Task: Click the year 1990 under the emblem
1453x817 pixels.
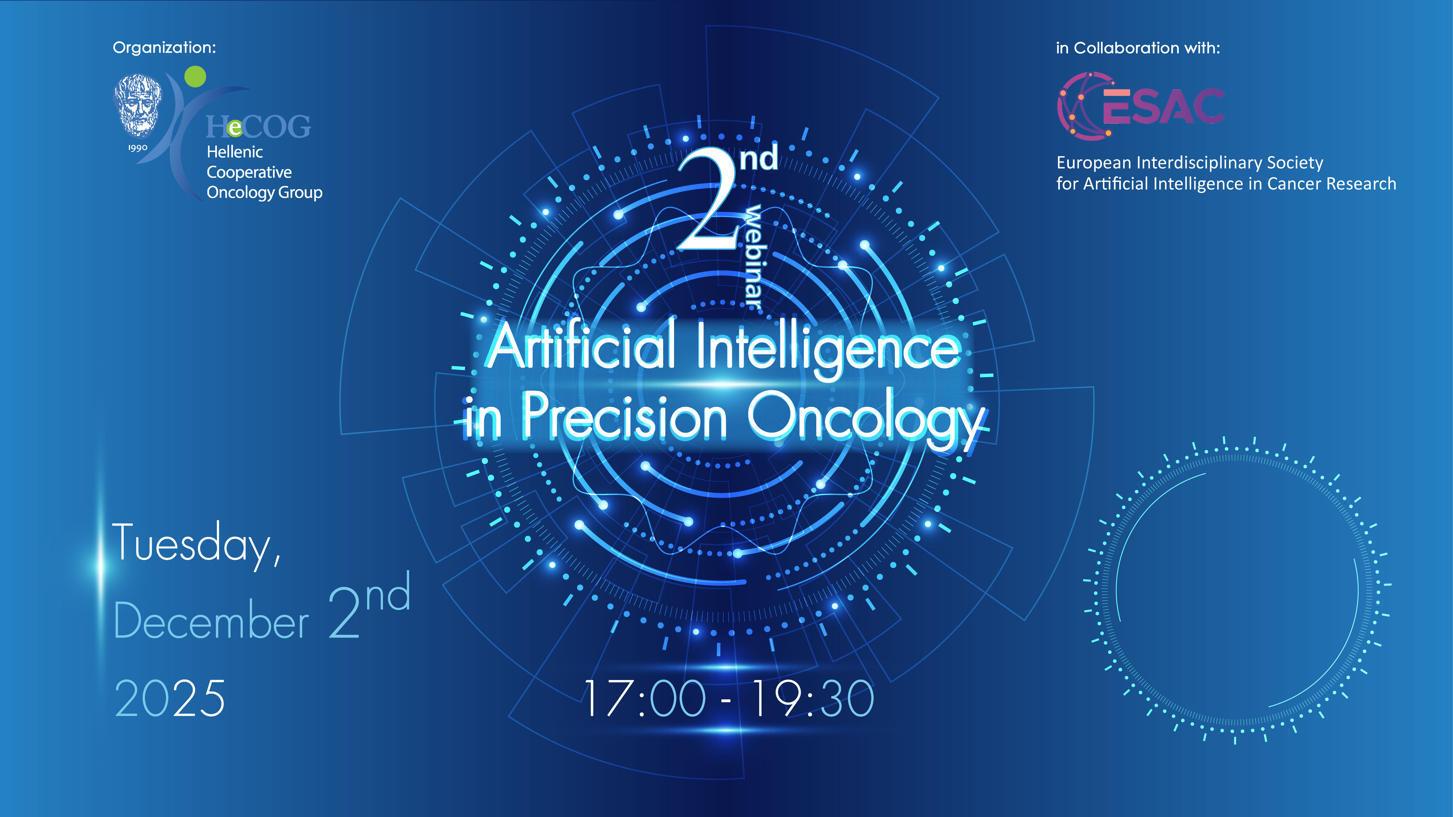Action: (138, 148)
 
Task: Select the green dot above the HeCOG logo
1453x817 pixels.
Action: (195, 76)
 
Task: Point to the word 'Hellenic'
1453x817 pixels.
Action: (235, 152)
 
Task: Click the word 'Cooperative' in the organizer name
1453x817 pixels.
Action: (249, 172)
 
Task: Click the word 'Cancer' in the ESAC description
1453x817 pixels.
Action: (1296, 184)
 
